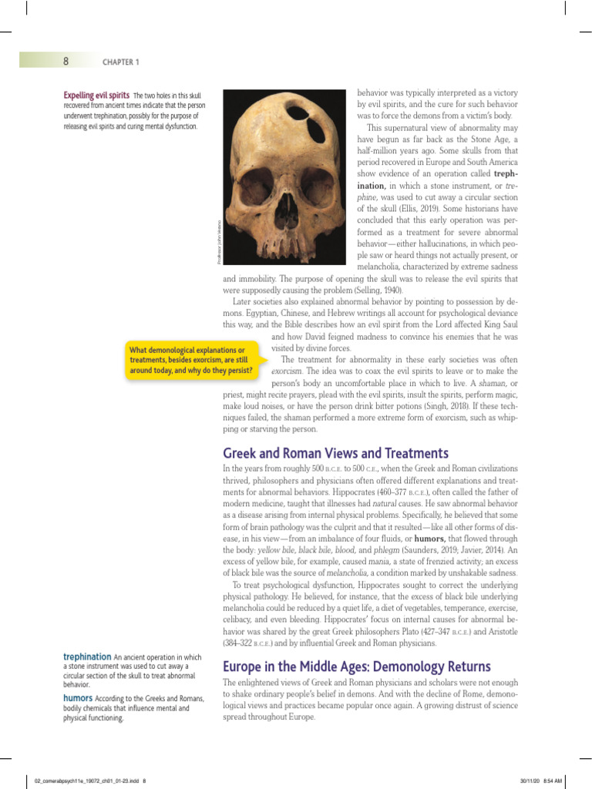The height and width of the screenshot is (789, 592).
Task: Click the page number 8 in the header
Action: click(x=66, y=61)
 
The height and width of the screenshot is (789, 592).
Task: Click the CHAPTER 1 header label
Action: click(x=120, y=62)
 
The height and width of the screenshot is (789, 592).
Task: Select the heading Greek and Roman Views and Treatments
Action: click(x=335, y=452)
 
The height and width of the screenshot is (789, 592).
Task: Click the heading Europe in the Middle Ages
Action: click(x=356, y=666)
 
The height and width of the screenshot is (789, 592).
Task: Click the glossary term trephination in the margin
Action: click(x=86, y=656)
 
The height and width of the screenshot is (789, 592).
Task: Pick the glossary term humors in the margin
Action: click(x=79, y=698)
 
